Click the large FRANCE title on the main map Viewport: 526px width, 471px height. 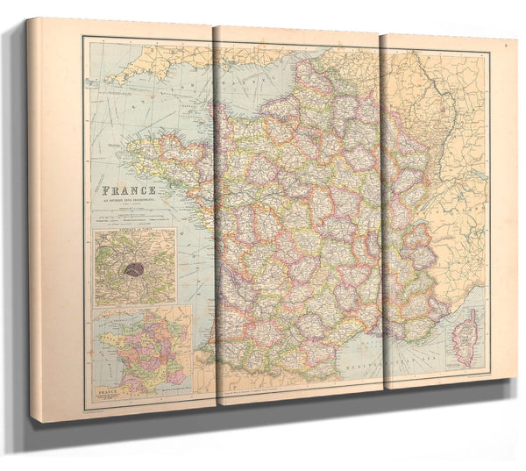130,189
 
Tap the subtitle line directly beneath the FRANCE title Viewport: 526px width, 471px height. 130,200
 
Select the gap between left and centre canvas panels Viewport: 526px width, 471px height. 215,219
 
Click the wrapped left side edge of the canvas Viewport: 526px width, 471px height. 33,219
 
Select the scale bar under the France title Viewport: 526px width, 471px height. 130,215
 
